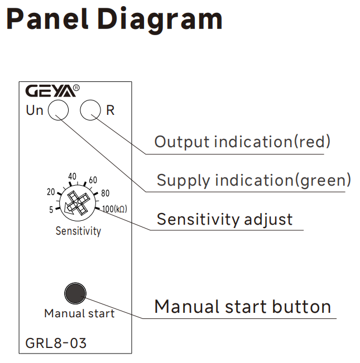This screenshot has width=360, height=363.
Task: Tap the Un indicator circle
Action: [59, 110]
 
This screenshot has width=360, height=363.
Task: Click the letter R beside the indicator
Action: [110, 110]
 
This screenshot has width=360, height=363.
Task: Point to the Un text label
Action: [35, 110]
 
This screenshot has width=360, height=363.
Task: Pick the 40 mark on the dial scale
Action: [71, 177]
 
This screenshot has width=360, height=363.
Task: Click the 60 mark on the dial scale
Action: [93, 180]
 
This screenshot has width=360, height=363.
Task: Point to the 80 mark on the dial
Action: [105, 194]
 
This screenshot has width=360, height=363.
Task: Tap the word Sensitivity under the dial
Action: [78, 231]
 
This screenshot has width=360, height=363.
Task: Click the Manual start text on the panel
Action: [79, 313]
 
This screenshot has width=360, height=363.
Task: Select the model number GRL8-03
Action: [56, 343]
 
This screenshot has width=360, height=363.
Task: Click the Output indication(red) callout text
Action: [242, 142]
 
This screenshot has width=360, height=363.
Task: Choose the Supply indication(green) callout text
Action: [254, 180]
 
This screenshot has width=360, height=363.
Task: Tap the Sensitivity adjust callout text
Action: [224, 219]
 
